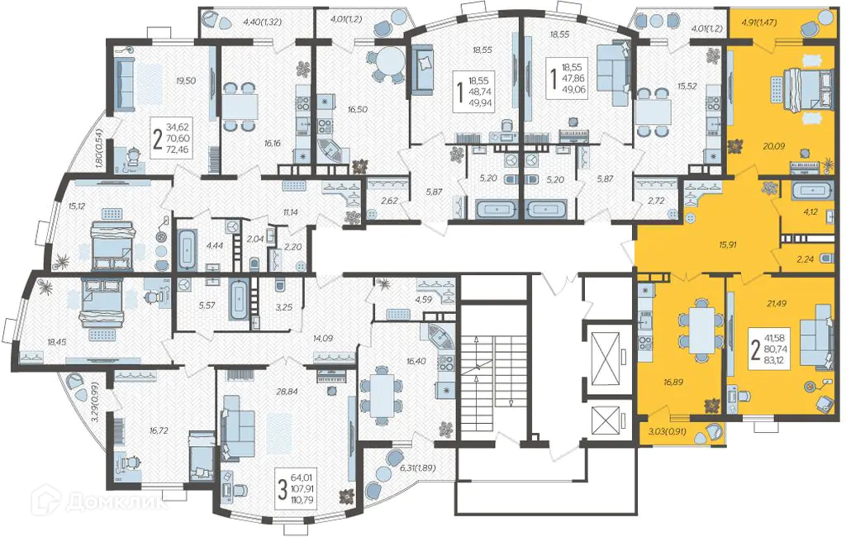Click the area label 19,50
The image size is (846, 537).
pyautogui.click(x=186, y=81)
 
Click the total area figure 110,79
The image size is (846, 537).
pyautogui.click(x=302, y=501)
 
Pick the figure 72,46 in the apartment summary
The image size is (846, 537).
pyautogui.click(x=178, y=150)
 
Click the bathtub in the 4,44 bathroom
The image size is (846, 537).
pyautogui.click(x=188, y=249)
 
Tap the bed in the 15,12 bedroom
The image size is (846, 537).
pyautogui.click(x=112, y=245)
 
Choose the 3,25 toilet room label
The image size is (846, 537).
pyautogui.click(x=284, y=307)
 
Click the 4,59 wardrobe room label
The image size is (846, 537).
pyautogui.click(x=423, y=298)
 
